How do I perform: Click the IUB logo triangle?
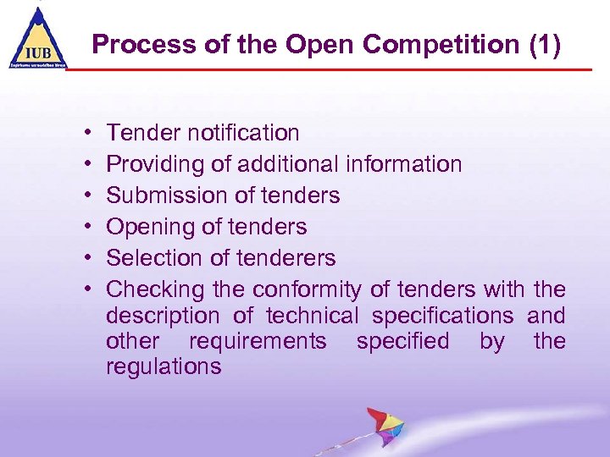point(36,40)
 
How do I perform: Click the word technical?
point(313,316)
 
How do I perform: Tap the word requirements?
point(258,341)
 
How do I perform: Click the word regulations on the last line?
point(164,366)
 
